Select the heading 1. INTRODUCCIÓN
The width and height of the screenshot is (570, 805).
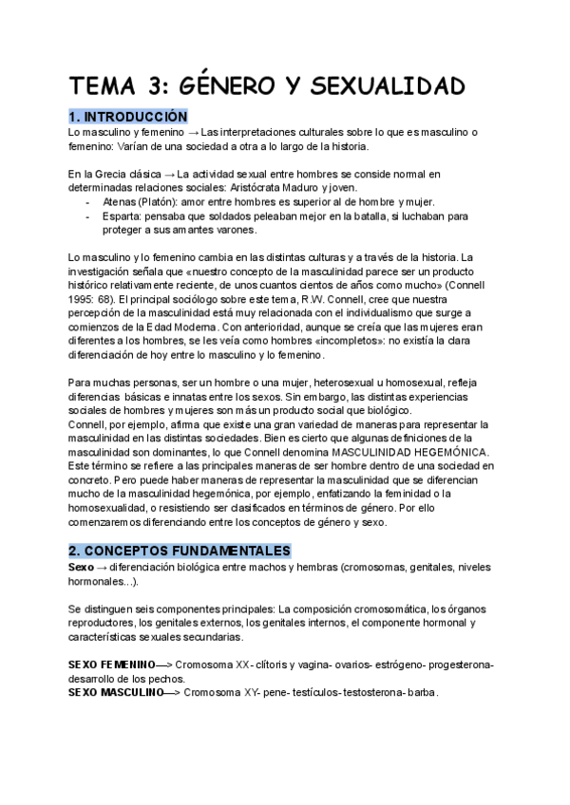[136, 116]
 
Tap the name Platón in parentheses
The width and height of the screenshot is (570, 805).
[162, 202]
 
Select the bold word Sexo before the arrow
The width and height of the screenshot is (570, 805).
[82, 567]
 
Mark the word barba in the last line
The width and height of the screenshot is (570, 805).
[419, 693]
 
